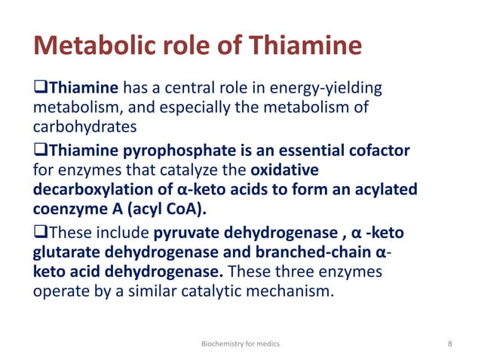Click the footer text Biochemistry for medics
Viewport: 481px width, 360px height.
pyautogui.click(x=240, y=343)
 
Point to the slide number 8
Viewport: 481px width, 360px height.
pyautogui.click(x=450, y=343)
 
